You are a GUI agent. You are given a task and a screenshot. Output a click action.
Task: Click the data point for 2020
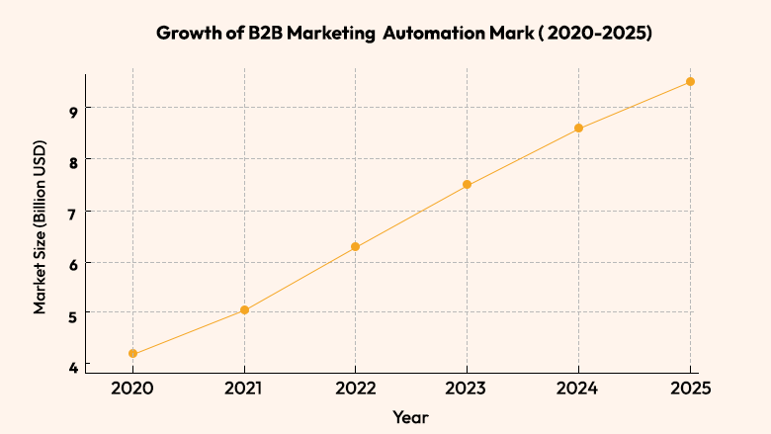132,353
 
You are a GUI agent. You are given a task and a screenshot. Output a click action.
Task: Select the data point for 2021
244,310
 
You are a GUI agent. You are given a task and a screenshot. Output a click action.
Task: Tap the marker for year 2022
356,246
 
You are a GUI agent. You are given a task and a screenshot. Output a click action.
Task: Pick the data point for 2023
468,185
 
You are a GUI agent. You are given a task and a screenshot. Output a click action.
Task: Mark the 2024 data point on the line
579,128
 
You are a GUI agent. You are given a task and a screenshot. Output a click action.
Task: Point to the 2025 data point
691,81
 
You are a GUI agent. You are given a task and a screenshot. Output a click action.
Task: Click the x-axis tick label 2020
132,390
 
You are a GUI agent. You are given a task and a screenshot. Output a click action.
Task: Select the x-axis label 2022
356,390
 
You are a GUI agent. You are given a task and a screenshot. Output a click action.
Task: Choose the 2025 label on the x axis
690,390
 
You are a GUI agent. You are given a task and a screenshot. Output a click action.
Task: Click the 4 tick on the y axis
73,367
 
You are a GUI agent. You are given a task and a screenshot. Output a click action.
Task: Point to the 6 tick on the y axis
73,263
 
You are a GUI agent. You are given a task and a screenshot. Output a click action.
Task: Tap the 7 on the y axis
73,212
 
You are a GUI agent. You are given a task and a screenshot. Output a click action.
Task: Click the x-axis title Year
410,417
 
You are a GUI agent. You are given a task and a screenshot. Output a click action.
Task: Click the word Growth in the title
189,33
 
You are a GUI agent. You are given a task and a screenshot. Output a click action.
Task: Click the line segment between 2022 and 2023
411,216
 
